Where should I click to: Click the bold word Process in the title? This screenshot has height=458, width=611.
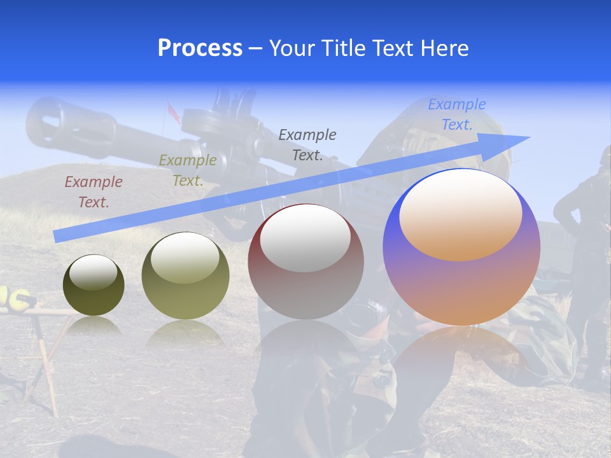(200, 48)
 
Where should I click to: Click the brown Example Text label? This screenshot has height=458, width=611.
(93, 192)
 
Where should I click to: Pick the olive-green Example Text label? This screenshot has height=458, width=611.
(187, 170)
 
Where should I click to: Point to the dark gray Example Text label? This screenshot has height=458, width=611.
(307, 144)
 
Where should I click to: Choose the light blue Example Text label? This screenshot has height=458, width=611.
(456, 114)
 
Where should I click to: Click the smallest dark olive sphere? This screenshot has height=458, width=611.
(94, 285)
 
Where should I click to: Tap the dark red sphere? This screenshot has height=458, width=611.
(306, 262)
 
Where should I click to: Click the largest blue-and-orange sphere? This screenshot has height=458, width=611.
(461, 247)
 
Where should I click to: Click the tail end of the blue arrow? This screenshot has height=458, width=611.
(56, 236)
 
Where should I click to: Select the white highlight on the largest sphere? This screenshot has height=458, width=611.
(460, 214)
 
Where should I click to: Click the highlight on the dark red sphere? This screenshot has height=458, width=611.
(305, 238)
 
